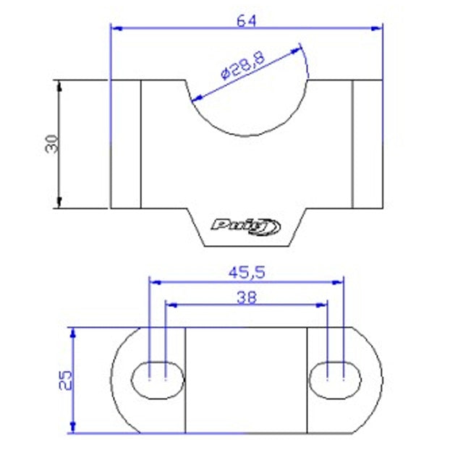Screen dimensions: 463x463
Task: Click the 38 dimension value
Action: [246, 296]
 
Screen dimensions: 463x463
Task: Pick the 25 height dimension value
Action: [64, 380]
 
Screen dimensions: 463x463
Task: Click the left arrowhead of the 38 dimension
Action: [171, 305]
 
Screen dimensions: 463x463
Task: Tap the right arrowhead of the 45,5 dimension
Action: [338, 281]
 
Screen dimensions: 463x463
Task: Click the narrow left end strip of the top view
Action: [124, 143]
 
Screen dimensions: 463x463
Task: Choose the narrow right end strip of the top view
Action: [368, 143]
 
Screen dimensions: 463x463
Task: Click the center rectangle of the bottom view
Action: [247, 380]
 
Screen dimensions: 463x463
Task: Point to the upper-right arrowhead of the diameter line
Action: [297, 50]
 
